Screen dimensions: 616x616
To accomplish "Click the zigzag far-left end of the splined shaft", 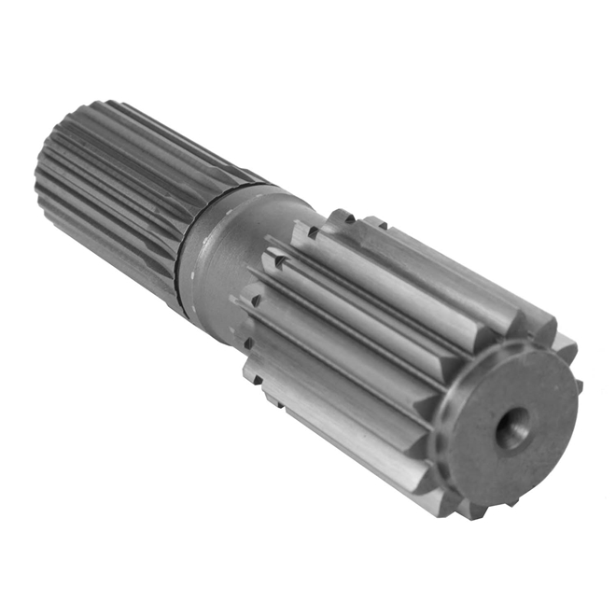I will coord(42,187).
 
